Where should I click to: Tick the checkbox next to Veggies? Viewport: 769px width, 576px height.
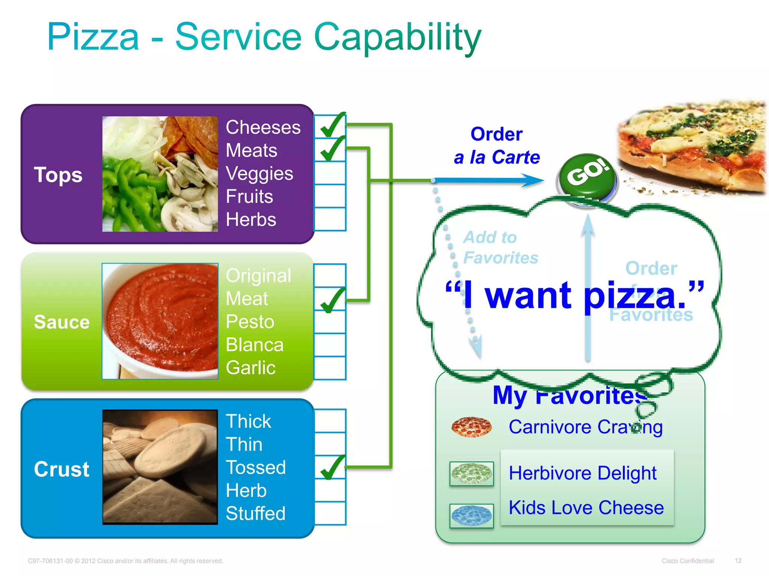330,173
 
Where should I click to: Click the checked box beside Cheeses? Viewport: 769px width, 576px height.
330,127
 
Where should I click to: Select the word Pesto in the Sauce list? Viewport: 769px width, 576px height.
250,322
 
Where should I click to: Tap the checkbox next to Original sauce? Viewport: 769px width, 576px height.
330,276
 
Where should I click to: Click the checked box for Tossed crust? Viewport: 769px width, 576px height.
330,467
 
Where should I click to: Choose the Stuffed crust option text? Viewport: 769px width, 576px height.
256,513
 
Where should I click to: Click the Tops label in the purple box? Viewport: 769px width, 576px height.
58,175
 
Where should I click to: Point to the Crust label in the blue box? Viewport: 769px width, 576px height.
62,469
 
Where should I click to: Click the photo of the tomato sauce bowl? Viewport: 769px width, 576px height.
160,321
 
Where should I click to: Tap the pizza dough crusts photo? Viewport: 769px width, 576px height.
160,467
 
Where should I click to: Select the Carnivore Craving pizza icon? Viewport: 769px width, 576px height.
472,427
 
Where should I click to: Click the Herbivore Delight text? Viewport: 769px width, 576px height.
582,473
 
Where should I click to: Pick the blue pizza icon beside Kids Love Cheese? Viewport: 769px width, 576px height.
472,516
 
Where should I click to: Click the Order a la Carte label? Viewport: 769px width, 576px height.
496,145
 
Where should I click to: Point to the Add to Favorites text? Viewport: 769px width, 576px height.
500,247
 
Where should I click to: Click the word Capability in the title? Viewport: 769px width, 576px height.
397,37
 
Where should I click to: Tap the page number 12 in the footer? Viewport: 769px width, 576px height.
738,561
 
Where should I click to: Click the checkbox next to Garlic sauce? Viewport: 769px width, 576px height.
330,368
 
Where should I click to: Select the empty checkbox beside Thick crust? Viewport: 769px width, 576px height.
330,421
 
